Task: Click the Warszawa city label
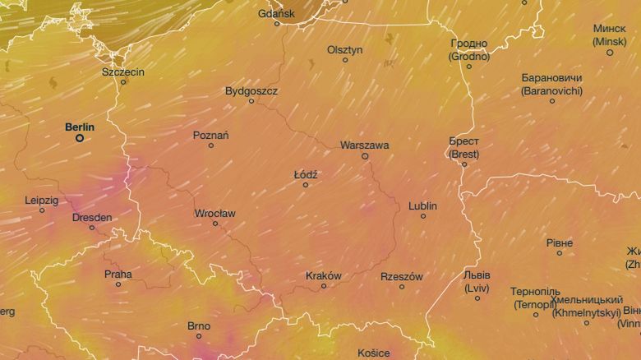[x=364, y=145]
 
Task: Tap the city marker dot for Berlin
[x=80, y=138]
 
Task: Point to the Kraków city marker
[x=324, y=286]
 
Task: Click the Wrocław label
[x=215, y=213]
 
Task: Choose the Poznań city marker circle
[x=211, y=145]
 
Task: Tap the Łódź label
[x=306, y=175]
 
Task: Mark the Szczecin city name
[x=123, y=72]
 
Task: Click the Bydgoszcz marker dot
[x=251, y=101]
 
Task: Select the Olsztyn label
[x=344, y=49]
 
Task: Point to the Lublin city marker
[x=423, y=216]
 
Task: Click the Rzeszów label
[x=402, y=276]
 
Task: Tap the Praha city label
[x=118, y=274]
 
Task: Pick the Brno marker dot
[x=198, y=335]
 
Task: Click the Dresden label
[x=93, y=218]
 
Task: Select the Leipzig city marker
[x=42, y=210]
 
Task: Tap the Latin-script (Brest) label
[x=464, y=154]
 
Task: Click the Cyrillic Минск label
[x=610, y=29]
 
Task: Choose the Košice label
[x=374, y=353]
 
